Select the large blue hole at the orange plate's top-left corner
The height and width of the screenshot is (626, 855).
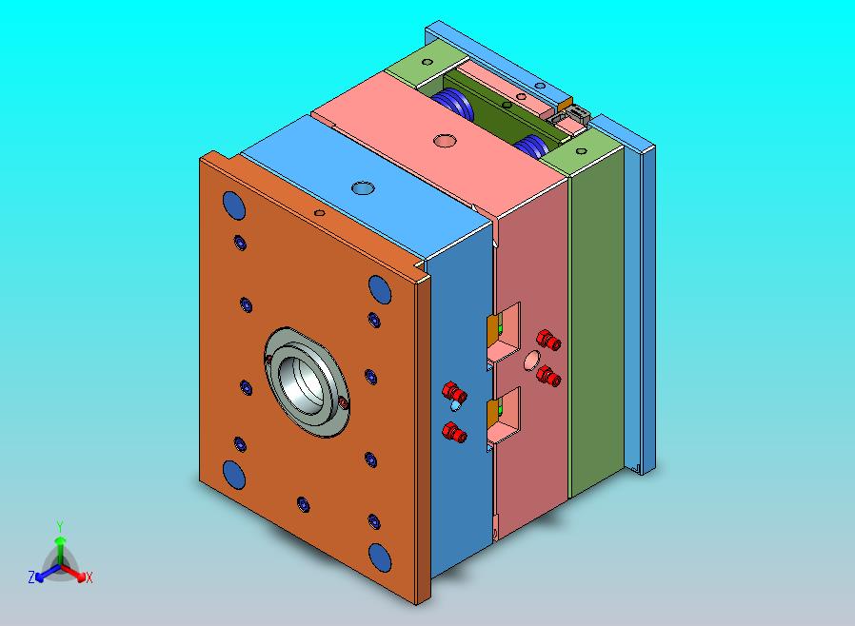click(x=231, y=204)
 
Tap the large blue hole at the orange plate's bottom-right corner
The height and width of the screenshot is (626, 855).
click(x=380, y=557)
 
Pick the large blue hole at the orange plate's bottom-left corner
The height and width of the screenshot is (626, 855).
click(x=232, y=473)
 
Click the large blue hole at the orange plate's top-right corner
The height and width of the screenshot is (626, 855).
click(x=379, y=287)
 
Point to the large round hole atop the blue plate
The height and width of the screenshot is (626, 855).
click(x=362, y=187)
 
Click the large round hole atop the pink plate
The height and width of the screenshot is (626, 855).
click(x=444, y=141)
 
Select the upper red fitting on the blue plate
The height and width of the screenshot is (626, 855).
click(x=454, y=392)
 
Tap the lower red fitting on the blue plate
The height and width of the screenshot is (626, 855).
click(x=456, y=433)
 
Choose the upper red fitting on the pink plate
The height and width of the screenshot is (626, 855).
click(x=547, y=339)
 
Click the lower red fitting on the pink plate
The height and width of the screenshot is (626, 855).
click(x=547, y=376)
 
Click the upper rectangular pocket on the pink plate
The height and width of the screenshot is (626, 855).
click(x=506, y=334)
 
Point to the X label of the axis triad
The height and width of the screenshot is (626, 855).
click(x=89, y=577)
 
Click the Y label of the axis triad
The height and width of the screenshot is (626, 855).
click(x=59, y=526)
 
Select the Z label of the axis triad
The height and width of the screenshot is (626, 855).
click(x=31, y=577)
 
